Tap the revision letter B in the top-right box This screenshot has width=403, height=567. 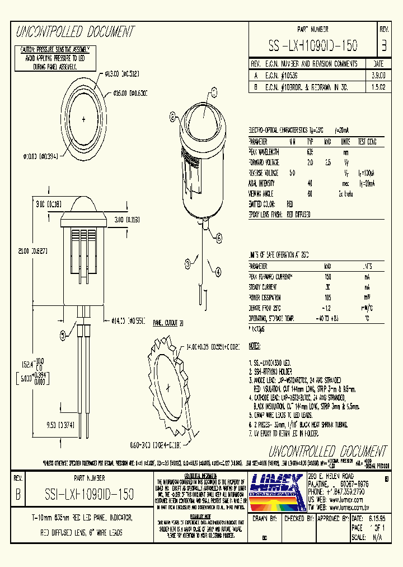[x=383, y=45]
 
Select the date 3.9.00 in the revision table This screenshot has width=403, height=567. [x=378, y=75]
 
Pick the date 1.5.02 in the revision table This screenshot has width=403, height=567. [x=378, y=86]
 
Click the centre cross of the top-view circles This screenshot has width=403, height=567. [x=83, y=119]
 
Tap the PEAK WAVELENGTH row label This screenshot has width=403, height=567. [x=265, y=152]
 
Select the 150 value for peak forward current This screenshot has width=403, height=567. [x=327, y=277]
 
